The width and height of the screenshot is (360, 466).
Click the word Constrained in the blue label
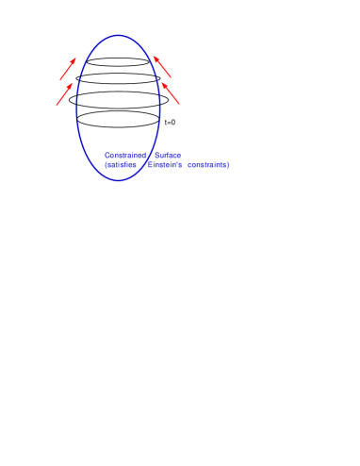click(x=125, y=155)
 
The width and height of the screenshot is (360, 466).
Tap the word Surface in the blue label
click(x=168, y=155)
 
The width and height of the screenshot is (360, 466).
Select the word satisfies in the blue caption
click(x=121, y=165)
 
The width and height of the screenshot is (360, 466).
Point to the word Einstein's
click(x=165, y=165)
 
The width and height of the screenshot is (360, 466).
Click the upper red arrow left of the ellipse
click(x=68, y=69)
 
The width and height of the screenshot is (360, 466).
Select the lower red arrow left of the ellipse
click(x=64, y=94)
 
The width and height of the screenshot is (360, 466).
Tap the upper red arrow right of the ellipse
click(x=162, y=66)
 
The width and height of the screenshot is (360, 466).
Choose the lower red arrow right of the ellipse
click(x=171, y=93)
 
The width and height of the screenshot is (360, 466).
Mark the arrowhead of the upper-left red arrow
click(x=75, y=58)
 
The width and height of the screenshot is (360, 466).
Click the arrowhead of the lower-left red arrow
click(x=73, y=83)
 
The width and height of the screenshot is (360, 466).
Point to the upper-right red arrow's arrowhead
click(x=154, y=57)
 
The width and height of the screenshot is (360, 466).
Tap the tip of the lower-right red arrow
click(x=161, y=82)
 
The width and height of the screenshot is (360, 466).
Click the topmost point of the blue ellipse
click(x=119, y=35)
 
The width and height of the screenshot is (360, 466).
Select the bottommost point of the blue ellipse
click(x=119, y=180)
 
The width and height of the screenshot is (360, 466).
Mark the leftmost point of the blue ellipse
click(x=76, y=108)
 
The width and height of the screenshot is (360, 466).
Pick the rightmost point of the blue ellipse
click(x=160, y=108)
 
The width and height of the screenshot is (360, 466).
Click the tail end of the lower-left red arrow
click(x=57, y=106)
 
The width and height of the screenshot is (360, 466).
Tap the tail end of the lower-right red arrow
click(x=180, y=105)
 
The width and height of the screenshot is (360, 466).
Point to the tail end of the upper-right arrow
click(x=172, y=77)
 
